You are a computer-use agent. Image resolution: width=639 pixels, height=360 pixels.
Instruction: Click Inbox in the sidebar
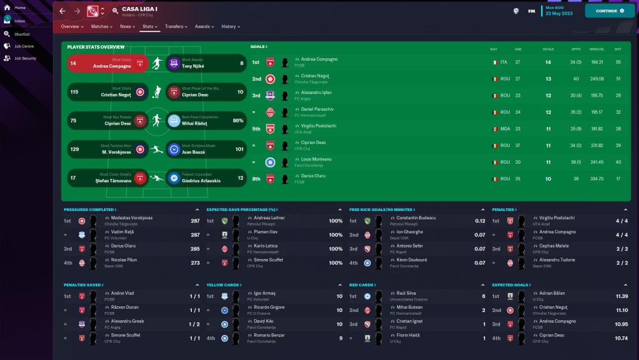click(20, 20)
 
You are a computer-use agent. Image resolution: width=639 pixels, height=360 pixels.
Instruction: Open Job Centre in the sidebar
click(24, 46)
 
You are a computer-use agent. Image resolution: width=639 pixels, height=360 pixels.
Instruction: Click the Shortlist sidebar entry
click(22, 34)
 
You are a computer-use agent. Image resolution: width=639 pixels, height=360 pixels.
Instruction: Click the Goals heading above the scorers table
click(258, 47)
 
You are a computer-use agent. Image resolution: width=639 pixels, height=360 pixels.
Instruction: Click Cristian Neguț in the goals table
click(316, 76)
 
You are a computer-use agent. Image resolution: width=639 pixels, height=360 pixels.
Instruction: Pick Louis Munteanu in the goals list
click(316, 159)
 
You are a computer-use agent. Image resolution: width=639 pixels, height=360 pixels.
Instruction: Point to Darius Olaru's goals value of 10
click(548, 179)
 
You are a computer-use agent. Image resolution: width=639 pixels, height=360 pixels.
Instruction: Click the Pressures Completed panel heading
click(89, 210)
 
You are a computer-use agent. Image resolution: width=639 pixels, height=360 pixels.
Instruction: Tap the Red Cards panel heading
click(362, 285)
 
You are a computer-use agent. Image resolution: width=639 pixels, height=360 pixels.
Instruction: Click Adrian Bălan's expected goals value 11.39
click(621, 297)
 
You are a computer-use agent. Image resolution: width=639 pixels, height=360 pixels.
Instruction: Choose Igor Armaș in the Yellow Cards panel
click(265, 293)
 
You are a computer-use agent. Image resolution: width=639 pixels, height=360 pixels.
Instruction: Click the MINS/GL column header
click(597, 49)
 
